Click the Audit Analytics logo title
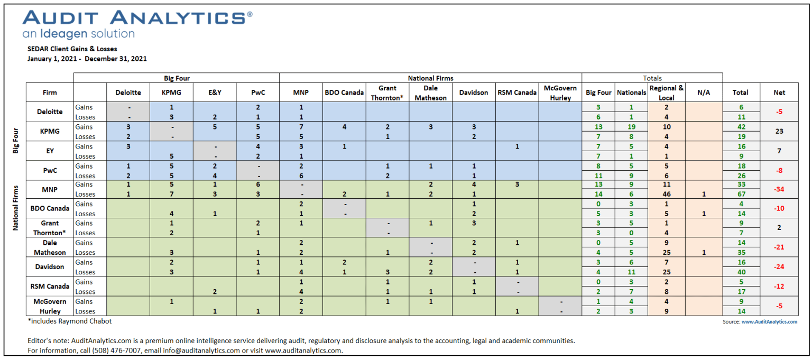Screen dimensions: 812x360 (137, 17)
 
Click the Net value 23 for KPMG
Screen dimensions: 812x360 (779, 131)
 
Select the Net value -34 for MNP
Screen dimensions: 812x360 (779, 189)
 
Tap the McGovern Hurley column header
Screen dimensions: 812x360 (560, 93)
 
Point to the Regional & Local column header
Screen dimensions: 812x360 (666, 93)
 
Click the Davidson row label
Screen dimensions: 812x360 (50, 267)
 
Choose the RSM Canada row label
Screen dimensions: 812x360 (50, 287)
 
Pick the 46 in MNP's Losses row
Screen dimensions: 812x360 (667, 194)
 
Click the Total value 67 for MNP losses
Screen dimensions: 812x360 (741, 194)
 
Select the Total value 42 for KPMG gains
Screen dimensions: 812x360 (741, 127)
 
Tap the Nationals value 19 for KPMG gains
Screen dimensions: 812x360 (631, 127)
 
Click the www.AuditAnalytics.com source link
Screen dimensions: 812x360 (769, 321)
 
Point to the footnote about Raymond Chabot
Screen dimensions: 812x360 (70, 321)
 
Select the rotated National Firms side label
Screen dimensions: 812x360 (15, 208)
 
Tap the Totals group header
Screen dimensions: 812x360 (652, 78)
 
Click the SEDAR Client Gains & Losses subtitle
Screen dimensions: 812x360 (72, 49)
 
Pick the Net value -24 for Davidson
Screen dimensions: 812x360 (779, 267)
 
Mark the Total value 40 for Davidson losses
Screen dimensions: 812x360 (741, 272)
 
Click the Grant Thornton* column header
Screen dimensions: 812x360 (387, 93)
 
